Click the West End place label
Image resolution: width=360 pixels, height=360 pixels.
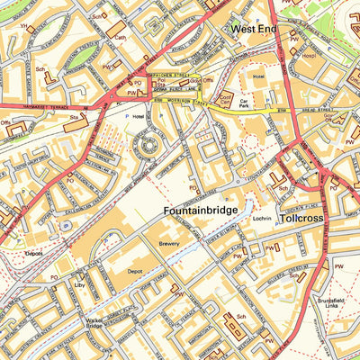254,29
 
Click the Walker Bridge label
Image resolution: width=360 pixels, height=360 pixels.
94,322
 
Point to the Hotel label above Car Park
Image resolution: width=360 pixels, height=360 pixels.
259,77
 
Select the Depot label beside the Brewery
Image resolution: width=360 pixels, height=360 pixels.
136,268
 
